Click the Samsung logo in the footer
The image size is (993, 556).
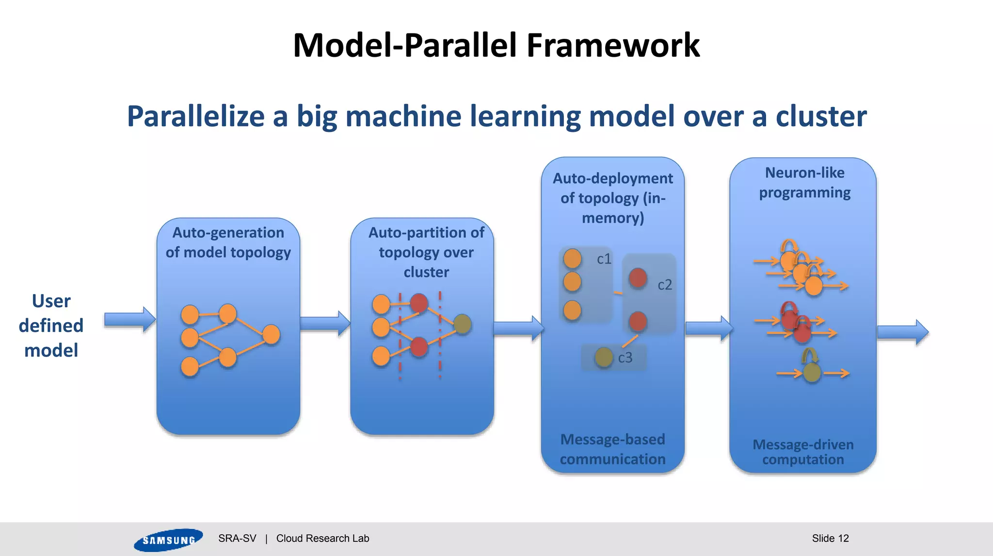168,540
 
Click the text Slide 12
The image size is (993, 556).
830,538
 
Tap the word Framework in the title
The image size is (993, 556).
613,46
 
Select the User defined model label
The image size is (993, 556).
51,326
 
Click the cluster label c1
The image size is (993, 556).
604,259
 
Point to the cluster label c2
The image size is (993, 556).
664,285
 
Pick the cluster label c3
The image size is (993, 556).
625,358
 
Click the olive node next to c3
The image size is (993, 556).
604,358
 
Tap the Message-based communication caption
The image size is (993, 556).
612,449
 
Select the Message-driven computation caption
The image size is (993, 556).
803,452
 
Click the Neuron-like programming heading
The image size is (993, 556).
804,182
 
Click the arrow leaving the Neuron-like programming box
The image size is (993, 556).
902,332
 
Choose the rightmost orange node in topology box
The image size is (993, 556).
271,334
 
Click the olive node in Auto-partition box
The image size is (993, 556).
462,324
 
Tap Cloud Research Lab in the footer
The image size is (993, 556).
322,538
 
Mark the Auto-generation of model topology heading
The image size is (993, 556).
228,242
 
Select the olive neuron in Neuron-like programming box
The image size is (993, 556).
812,373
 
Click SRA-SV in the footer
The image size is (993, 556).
237,538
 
